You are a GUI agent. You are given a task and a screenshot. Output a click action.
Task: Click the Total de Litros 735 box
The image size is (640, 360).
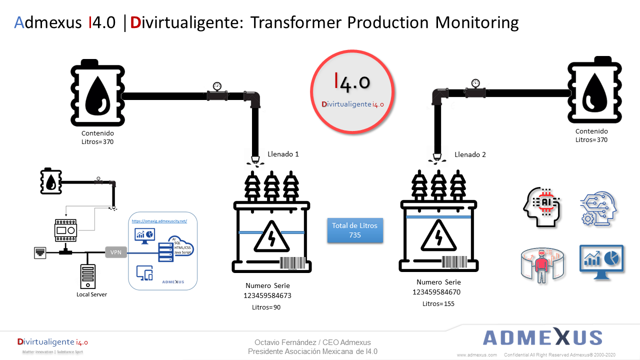(x=355, y=230)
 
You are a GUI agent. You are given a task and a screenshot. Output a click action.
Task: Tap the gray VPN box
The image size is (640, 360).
(x=115, y=252)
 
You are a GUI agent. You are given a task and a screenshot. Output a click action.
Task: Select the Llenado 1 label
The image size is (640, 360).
(x=283, y=154)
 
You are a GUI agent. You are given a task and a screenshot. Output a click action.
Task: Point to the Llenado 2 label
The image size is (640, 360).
(x=470, y=154)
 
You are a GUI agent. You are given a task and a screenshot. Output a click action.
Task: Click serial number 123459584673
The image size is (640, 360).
(x=267, y=295)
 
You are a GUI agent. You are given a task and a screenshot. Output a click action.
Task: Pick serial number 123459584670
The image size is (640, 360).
(x=436, y=292)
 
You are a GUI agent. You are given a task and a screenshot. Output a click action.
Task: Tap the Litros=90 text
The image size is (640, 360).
(x=266, y=307)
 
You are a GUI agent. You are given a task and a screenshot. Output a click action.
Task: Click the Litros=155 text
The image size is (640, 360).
(x=438, y=303)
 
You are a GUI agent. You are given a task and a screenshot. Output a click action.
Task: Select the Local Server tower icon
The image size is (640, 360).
(x=87, y=276)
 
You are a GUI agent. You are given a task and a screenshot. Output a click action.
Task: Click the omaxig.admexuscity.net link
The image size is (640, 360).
(x=159, y=221)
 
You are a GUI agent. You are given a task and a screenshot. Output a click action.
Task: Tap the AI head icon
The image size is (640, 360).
(x=542, y=207)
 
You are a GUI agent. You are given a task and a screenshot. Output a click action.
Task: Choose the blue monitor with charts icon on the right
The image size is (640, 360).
(x=601, y=258)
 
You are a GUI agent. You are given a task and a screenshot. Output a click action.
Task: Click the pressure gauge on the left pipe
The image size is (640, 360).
(x=217, y=86)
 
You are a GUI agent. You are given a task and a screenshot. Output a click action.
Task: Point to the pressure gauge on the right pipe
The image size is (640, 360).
(x=475, y=83)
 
